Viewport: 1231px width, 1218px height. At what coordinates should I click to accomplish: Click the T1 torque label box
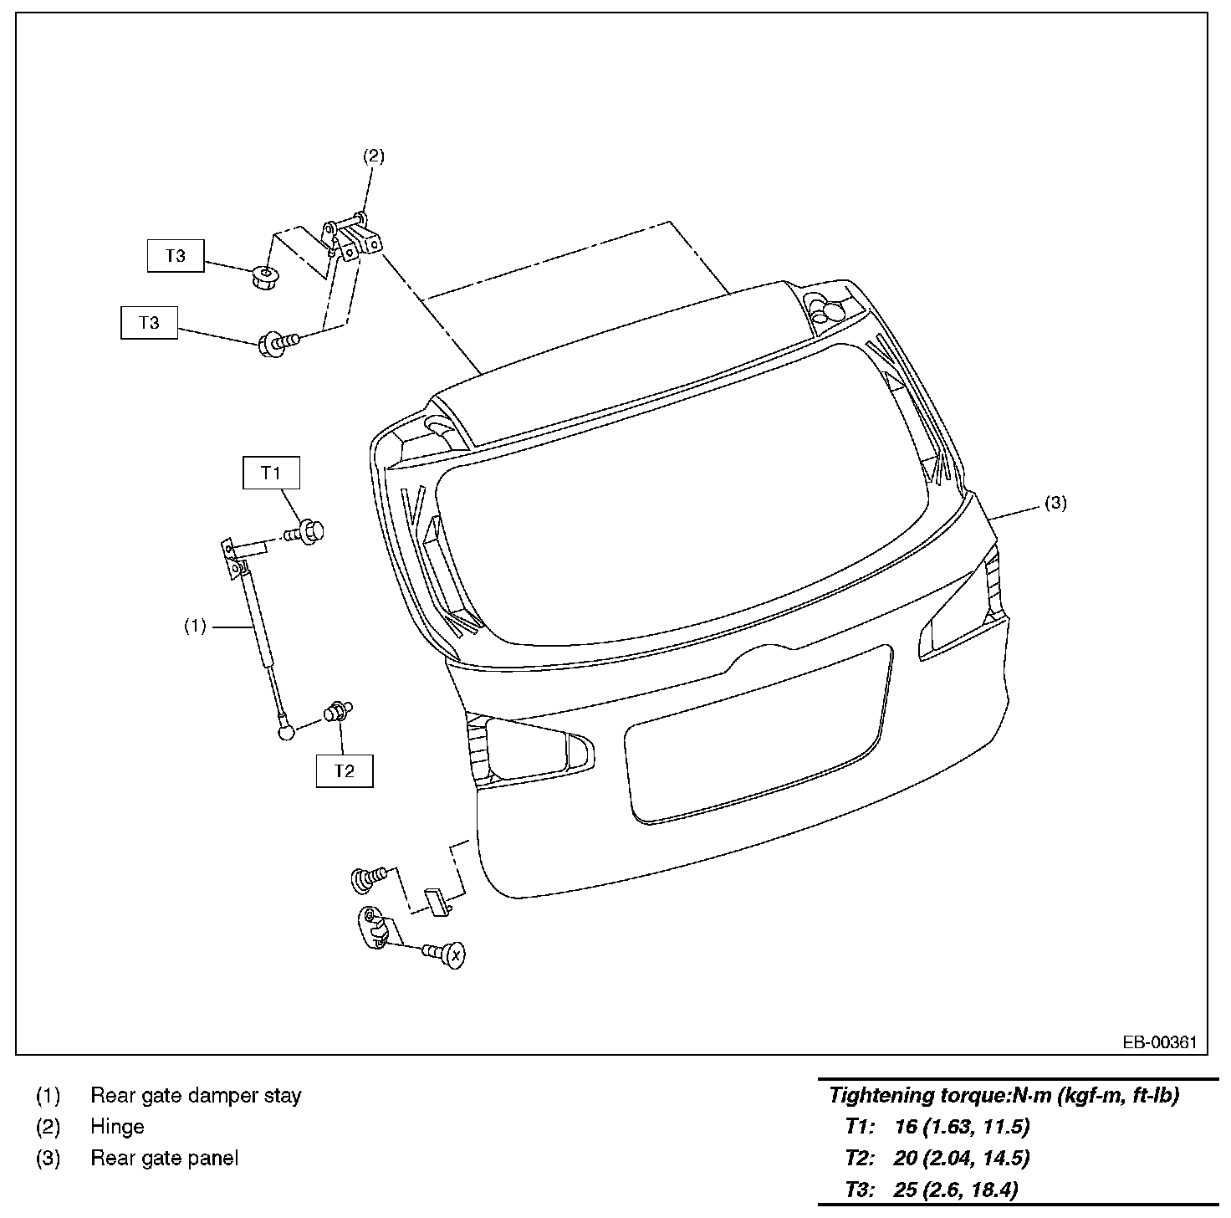click(x=271, y=473)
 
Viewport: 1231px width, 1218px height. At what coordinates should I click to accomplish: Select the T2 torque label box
click(x=345, y=770)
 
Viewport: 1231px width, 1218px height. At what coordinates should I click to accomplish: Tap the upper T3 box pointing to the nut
click(x=176, y=256)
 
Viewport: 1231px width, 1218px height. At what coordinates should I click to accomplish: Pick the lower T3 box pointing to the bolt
click(x=149, y=323)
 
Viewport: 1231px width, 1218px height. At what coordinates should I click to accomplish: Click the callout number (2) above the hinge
click(x=374, y=156)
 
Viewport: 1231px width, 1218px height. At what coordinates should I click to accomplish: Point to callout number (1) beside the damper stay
click(x=196, y=626)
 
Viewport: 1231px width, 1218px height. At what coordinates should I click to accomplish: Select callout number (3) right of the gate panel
click(x=1055, y=503)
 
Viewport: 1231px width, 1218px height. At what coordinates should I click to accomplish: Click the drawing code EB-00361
click(x=1159, y=1043)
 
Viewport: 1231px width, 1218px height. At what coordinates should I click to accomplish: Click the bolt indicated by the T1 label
click(x=305, y=531)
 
